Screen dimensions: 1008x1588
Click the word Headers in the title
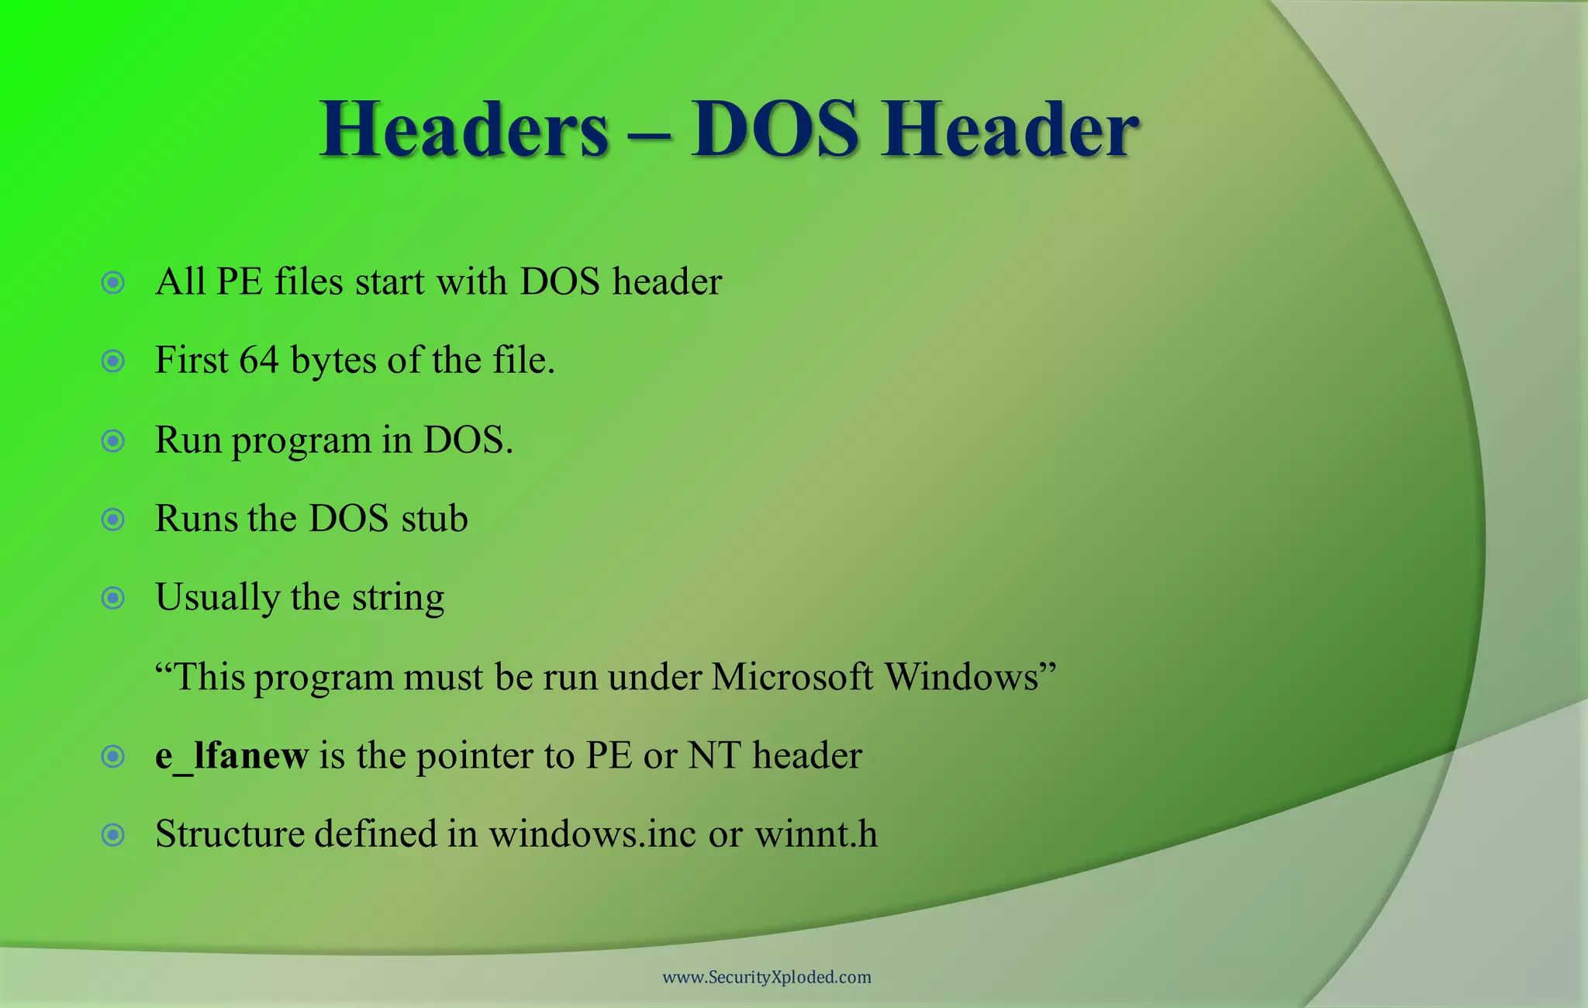[x=464, y=129]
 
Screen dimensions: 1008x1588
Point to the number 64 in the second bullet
[x=258, y=360]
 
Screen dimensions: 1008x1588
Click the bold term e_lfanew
[x=232, y=755]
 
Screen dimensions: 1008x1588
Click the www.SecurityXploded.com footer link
[x=767, y=977]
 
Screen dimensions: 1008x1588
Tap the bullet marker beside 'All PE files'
[x=113, y=282]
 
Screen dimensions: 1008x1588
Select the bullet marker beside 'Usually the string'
[x=113, y=598]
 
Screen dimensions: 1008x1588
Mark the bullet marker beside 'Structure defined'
[x=113, y=835]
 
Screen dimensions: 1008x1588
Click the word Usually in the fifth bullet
[x=217, y=598]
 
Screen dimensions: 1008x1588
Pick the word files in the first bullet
[x=309, y=281]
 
